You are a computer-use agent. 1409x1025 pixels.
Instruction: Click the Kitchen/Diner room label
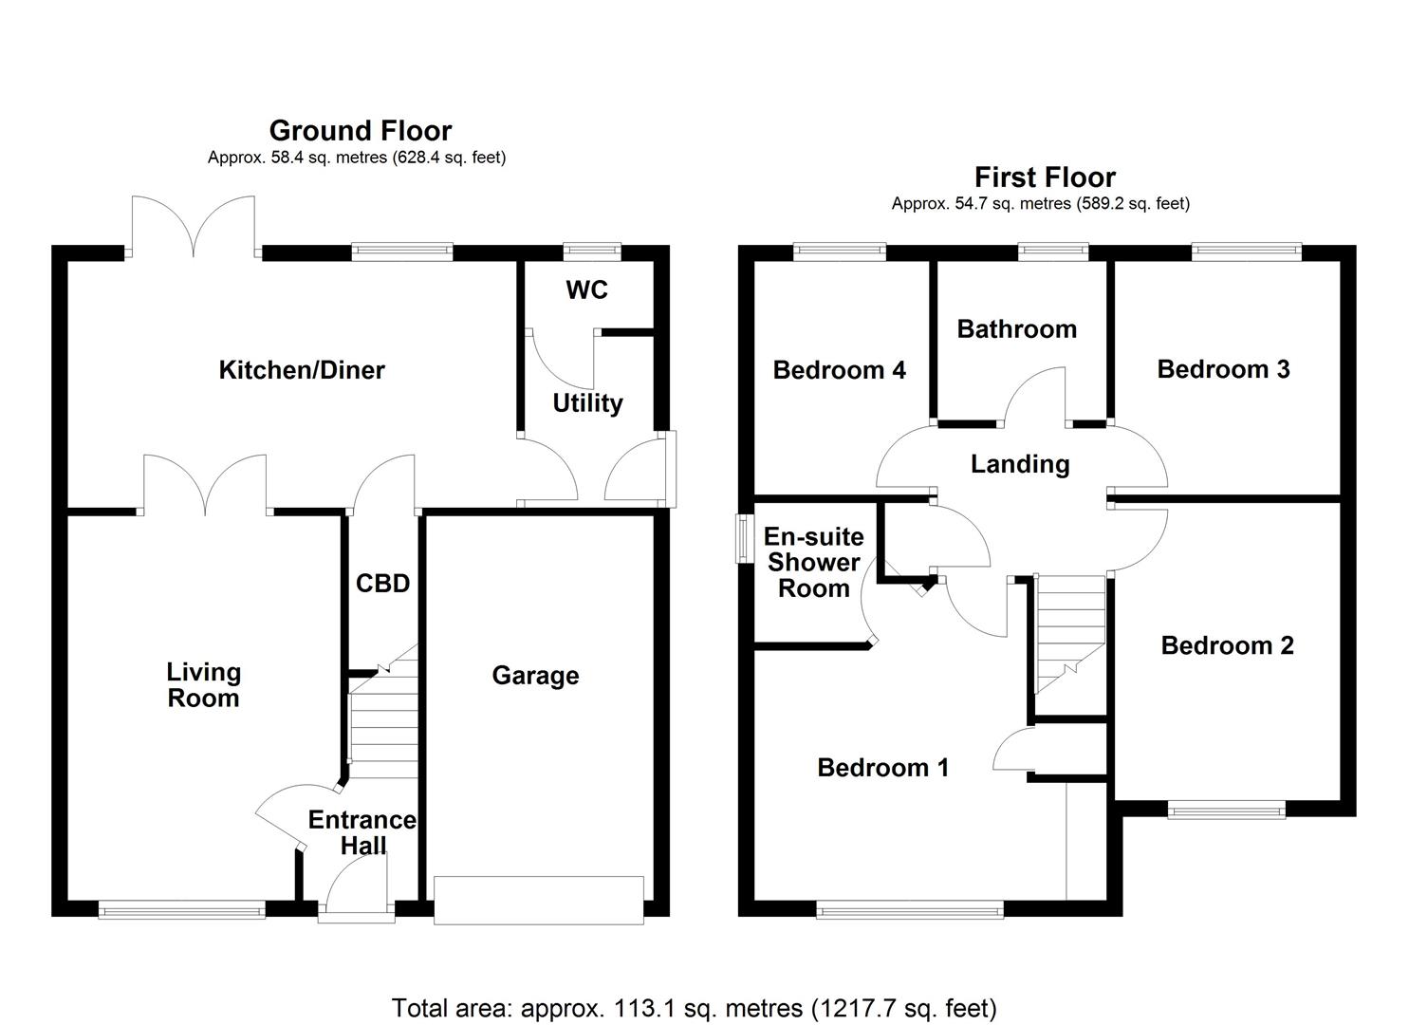(302, 370)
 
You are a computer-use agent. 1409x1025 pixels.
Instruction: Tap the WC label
(586, 290)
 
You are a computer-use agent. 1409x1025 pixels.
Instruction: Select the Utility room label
(587, 403)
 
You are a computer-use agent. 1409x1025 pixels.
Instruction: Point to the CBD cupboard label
(382, 583)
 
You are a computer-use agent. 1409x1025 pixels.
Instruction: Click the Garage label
(535, 676)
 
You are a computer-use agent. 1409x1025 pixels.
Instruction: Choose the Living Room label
(203, 685)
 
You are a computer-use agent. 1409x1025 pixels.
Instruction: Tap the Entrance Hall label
(362, 832)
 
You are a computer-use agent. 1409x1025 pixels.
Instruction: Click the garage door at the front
(538, 900)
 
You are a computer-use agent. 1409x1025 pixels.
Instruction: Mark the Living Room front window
(182, 909)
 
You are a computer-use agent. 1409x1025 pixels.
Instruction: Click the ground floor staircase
(383, 726)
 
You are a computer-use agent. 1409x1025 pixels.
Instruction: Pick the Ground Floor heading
(360, 130)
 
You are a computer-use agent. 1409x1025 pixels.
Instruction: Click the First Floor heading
(1045, 177)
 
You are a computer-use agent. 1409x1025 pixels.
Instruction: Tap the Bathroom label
(1016, 329)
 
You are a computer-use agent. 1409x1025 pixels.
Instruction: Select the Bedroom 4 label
(839, 370)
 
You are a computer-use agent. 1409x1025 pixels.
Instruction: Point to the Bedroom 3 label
(1223, 369)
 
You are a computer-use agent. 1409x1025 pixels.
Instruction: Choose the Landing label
(1020, 464)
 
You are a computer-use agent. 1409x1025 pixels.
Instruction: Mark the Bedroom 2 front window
(1226, 810)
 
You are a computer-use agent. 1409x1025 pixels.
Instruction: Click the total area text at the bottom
(694, 1007)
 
